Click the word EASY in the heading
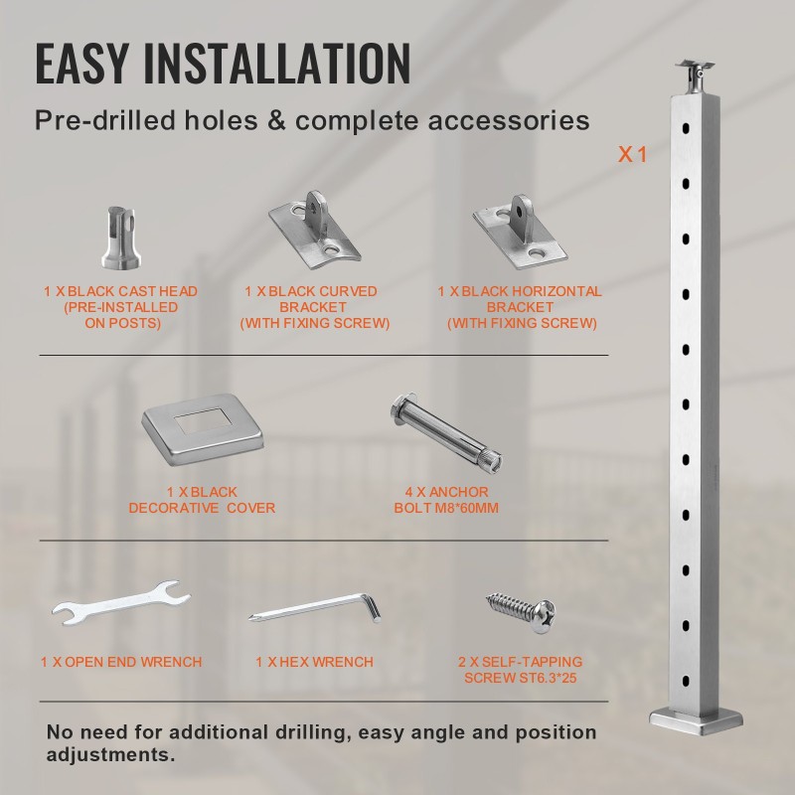(81, 63)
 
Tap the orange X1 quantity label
(632, 154)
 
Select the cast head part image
(120, 238)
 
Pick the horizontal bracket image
(520, 232)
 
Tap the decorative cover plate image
(204, 429)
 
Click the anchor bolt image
(446, 433)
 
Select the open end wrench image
(120, 602)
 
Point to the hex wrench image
(314, 607)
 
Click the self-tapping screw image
(521, 612)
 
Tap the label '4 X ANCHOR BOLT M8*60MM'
(446, 500)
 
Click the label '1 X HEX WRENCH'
(314, 662)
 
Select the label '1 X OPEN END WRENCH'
(121, 662)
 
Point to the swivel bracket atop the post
(695, 78)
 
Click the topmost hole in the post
(686, 128)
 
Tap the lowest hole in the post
(686, 681)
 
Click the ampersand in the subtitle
(276, 120)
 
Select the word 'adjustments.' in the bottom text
(110, 754)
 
